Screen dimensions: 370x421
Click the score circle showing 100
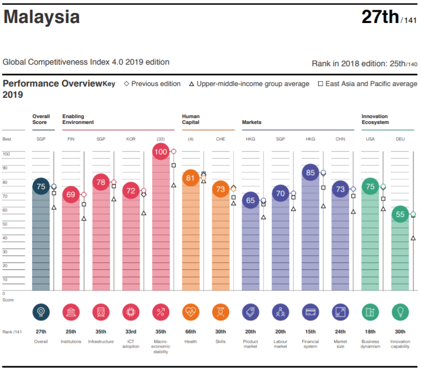(161, 152)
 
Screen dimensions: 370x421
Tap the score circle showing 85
(311, 173)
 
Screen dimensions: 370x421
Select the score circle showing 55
(400, 215)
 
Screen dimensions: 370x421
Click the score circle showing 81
(191, 178)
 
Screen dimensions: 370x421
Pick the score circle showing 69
(71, 194)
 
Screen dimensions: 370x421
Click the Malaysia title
(42, 17)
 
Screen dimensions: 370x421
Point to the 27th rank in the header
(380, 17)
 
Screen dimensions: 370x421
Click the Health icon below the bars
(191, 312)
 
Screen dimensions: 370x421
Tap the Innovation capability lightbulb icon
(400, 312)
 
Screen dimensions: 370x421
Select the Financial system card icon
(311, 312)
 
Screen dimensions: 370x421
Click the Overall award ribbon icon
(41, 312)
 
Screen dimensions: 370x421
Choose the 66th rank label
(191, 332)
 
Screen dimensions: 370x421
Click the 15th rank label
(311, 332)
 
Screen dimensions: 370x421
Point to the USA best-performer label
(370, 139)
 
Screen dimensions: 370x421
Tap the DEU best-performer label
(400, 139)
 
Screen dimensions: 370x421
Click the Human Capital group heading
(191, 119)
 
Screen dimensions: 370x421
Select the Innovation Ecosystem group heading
(375, 119)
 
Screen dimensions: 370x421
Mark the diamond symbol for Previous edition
(126, 84)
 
